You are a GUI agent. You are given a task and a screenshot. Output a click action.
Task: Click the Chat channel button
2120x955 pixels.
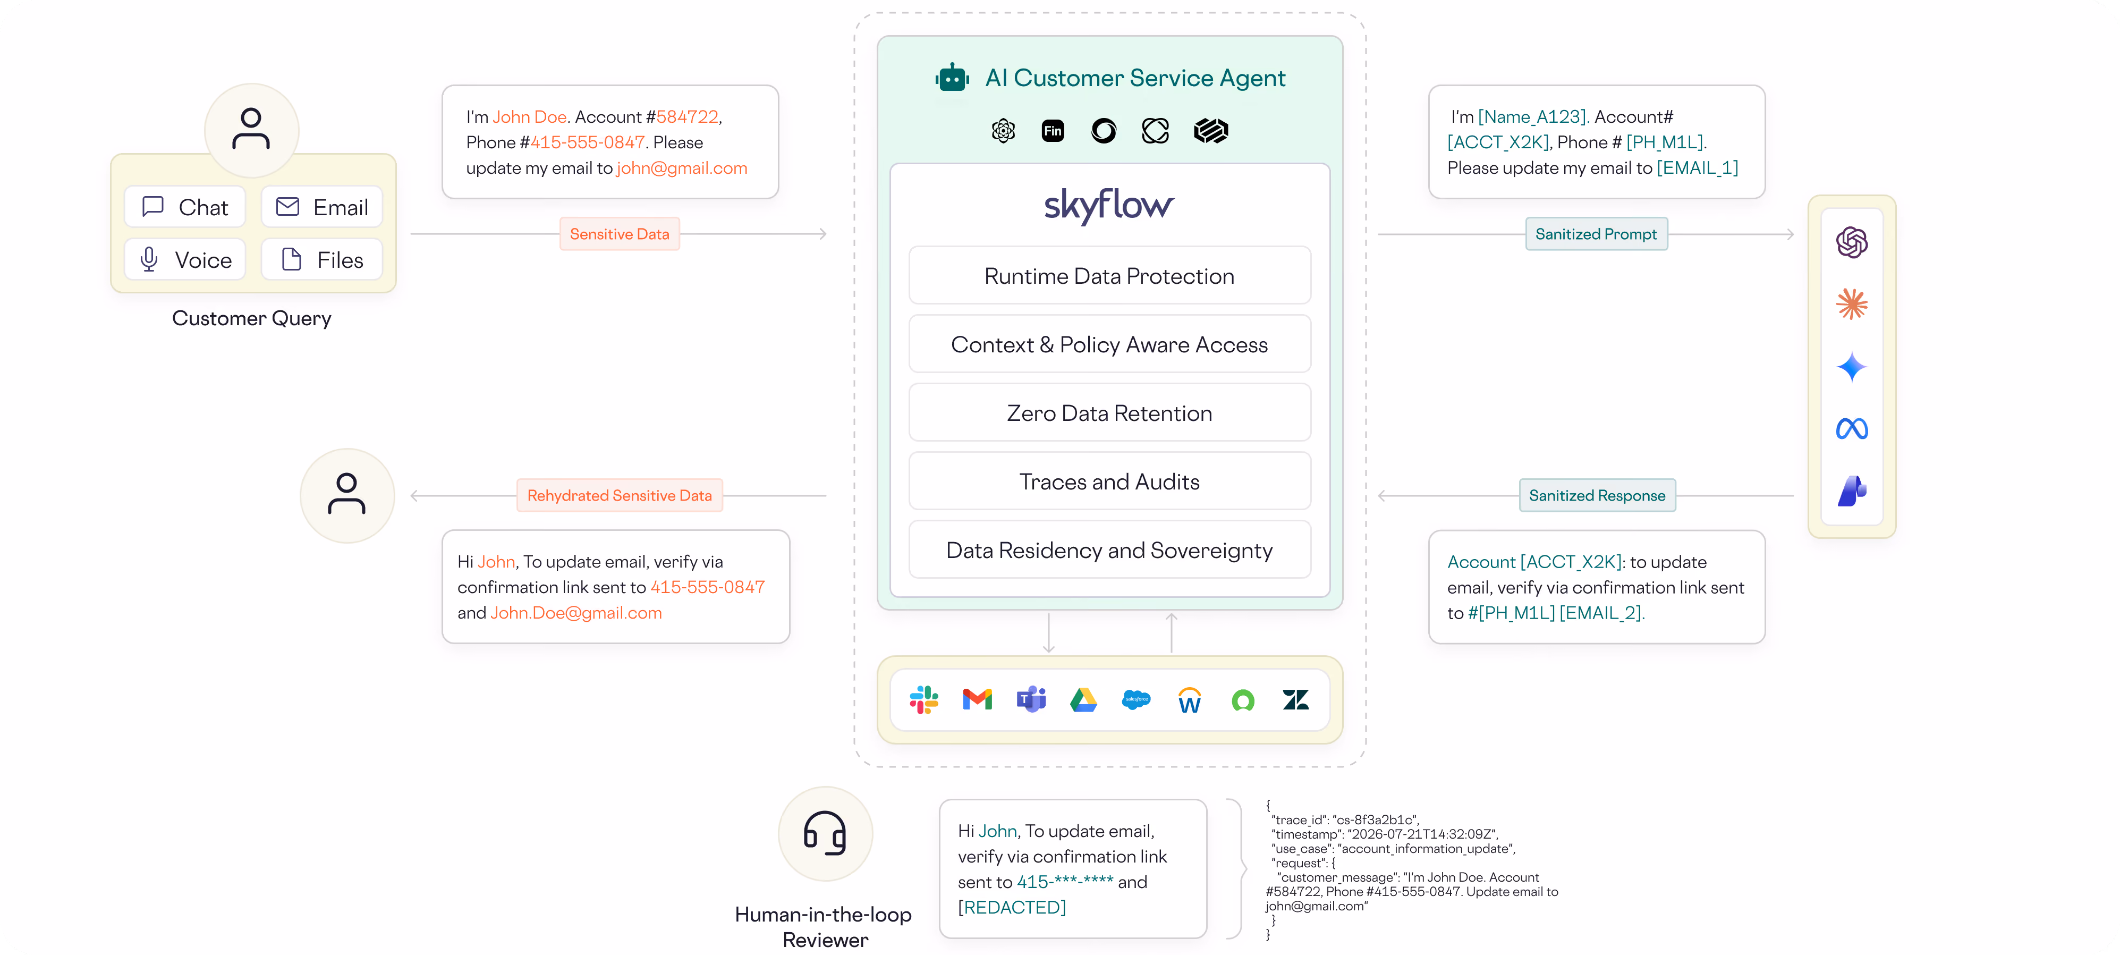tap(185, 207)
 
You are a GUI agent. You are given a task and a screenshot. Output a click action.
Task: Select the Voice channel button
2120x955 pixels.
tap(185, 259)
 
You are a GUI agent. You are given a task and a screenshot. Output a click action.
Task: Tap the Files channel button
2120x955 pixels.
tap(322, 259)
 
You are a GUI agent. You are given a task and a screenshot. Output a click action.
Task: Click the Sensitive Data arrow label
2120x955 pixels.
tap(620, 234)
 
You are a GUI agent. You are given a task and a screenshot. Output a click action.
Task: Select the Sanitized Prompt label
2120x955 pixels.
tap(1597, 234)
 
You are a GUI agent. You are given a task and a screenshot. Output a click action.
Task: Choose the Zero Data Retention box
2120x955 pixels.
tap(1109, 412)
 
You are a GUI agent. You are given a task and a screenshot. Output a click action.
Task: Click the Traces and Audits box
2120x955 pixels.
tap(1109, 481)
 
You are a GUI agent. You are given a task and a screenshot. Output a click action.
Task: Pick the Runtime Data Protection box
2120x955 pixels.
tap(1109, 276)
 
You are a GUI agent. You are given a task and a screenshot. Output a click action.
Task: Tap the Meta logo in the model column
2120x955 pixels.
tap(1852, 429)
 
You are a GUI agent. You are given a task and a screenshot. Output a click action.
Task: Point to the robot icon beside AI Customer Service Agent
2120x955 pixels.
tap(952, 78)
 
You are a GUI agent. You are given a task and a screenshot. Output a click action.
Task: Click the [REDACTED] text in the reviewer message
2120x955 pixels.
tap(1012, 907)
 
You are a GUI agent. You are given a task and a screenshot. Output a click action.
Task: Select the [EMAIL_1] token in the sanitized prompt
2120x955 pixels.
tap(1697, 168)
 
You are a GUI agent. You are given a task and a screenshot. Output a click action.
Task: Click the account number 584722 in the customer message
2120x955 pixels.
tap(687, 117)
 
